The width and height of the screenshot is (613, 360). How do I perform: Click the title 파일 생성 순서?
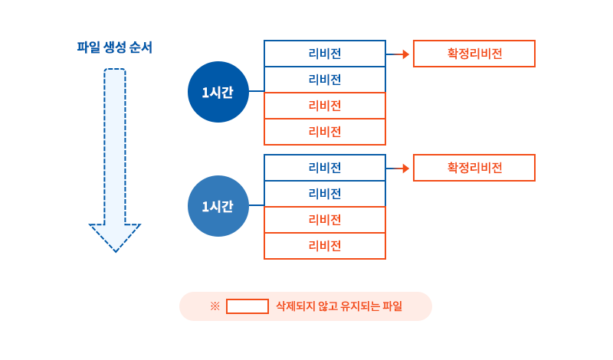coord(115,47)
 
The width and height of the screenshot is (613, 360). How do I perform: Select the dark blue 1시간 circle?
coord(218,92)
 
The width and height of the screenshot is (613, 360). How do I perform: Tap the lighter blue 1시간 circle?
coord(218,206)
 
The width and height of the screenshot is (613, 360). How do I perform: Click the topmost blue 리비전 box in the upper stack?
coord(325,54)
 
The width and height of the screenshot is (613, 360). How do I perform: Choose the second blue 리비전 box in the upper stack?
coord(325,80)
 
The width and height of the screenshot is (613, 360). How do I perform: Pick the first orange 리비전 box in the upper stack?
coord(325,106)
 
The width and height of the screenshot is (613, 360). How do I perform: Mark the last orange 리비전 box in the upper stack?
coord(325,132)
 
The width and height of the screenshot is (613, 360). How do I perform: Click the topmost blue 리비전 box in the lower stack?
coord(325,168)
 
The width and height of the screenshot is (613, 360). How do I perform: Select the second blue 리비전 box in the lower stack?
coord(325,194)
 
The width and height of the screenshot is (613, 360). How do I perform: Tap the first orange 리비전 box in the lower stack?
coord(325,220)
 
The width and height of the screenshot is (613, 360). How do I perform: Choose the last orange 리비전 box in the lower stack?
coord(325,246)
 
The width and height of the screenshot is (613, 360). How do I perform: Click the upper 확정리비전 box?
coord(474,54)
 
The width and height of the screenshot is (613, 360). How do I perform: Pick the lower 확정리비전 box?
coord(474,168)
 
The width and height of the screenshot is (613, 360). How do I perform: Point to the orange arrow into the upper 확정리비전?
coord(398,54)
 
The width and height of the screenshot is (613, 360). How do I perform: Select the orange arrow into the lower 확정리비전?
coord(398,169)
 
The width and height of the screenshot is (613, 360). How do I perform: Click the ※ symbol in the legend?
coord(215,306)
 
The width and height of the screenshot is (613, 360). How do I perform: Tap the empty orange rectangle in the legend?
coord(247,306)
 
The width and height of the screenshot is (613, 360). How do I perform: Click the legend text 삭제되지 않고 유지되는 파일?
coord(339,306)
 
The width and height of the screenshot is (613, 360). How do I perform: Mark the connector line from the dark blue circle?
coord(256,91)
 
